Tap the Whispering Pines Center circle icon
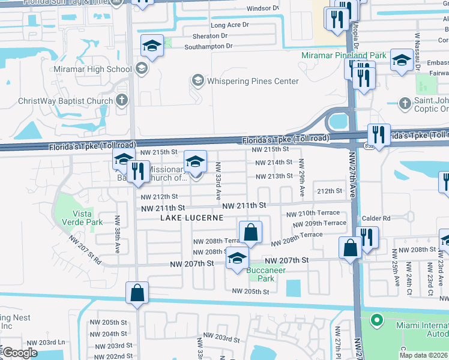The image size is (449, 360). point(197,80)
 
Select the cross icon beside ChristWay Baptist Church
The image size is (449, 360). point(122,100)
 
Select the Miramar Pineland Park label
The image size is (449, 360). point(343,55)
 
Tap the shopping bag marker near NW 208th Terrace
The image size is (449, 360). point(250,233)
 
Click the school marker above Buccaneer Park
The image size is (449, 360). point(237,259)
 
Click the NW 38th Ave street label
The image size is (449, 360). point(118,233)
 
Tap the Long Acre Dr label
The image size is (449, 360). point(228,25)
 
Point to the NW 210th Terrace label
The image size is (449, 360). point(313,214)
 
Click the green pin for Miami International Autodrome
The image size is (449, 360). point(376,320)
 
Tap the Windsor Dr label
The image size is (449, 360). point(263,9)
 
